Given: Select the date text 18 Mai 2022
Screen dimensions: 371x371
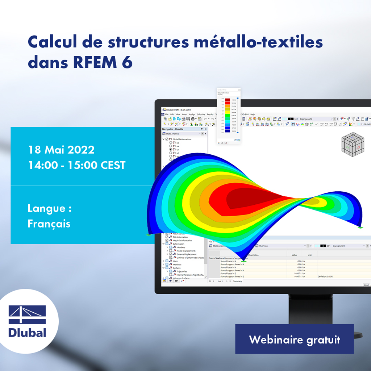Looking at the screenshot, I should pos(61,150).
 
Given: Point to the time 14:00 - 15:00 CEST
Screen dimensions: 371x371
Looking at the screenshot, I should pos(76,166).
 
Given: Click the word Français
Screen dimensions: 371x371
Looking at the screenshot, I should pos(49,224).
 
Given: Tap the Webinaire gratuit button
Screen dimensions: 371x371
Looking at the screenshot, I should pos(294,339).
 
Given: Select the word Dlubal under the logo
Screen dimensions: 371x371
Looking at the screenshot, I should pos(27,332).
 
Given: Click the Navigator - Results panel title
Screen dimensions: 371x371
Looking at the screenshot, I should pos(173,129).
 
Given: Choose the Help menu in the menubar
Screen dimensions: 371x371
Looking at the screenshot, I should pos(253,114).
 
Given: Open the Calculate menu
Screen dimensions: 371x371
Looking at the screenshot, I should pos(201,114).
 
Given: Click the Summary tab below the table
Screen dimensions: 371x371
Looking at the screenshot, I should pos(237,281).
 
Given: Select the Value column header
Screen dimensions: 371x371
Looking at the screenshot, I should pos(294,255).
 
